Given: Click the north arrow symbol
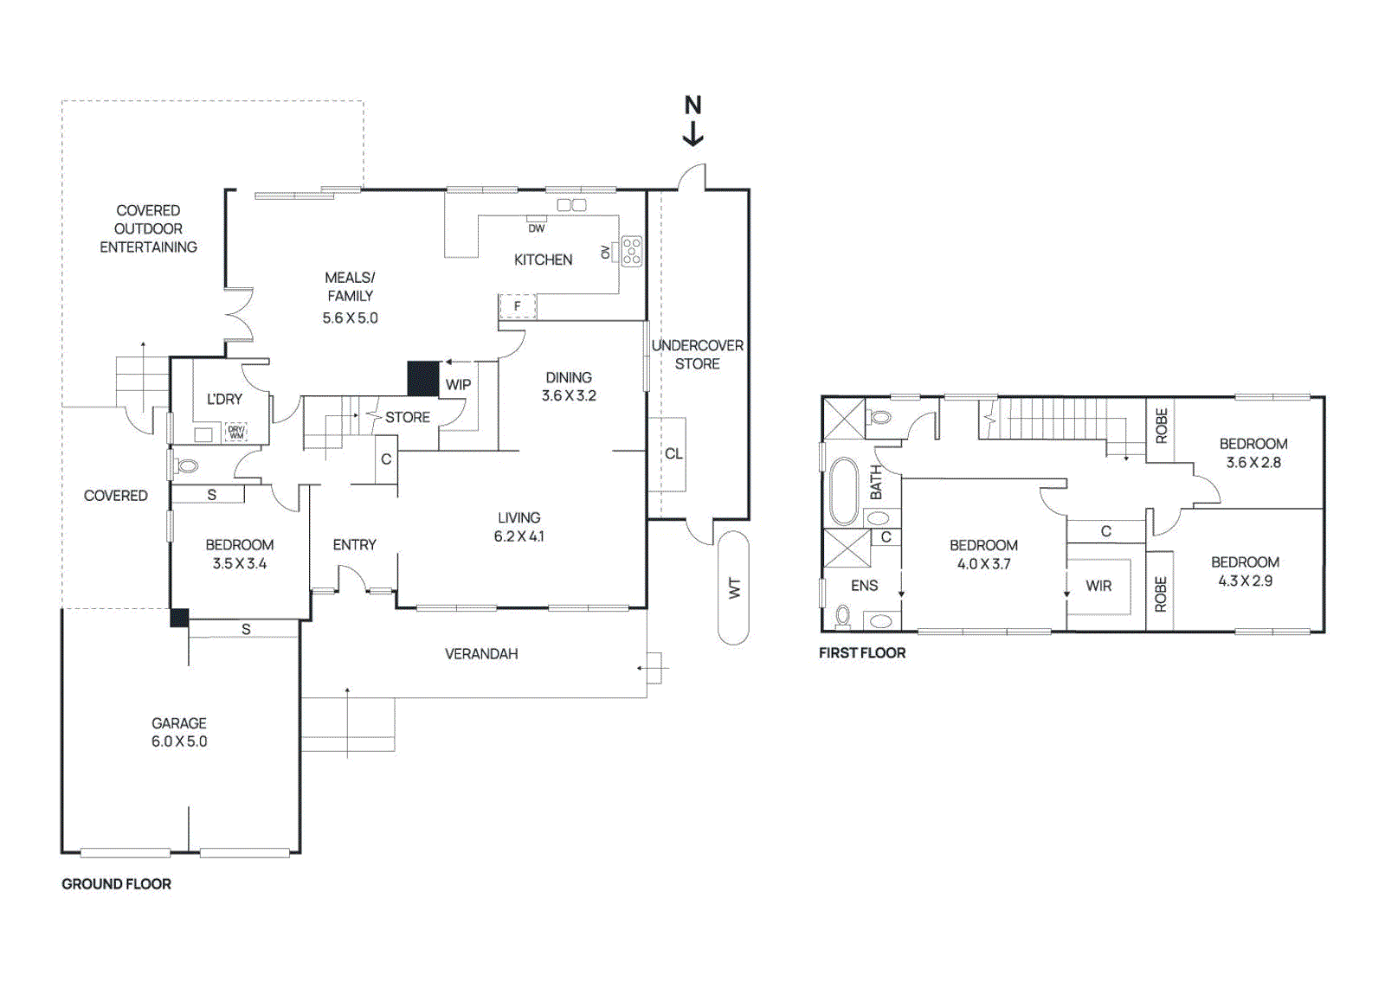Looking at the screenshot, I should [x=692, y=121].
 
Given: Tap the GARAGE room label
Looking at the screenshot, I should [x=179, y=722].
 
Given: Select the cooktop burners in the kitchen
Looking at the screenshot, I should [x=632, y=251].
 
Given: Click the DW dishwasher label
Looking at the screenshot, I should [x=537, y=228].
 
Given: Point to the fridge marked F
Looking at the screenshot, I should [x=518, y=306].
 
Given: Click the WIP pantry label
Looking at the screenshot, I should [x=458, y=384].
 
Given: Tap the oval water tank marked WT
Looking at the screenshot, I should [x=733, y=588].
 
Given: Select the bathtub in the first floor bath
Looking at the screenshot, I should [x=843, y=491].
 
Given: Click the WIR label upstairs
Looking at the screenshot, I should [x=1098, y=586].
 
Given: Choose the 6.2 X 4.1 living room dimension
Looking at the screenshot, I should [x=519, y=536].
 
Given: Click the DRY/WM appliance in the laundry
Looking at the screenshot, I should [x=235, y=432].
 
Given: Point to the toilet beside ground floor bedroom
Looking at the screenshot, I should [x=187, y=466].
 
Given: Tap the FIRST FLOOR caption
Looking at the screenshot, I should [x=862, y=653].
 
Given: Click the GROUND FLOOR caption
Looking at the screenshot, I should [x=116, y=884].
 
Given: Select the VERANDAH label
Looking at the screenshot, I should [x=481, y=654].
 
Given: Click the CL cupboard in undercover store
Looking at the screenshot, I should [x=673, y=454].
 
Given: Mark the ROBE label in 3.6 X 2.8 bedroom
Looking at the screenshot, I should [x=1162, y=427].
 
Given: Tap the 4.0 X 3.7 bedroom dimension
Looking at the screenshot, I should [x=983, y=564].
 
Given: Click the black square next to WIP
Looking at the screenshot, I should [x=423, y=379].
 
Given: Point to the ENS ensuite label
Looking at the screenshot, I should [x=864, y=586].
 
